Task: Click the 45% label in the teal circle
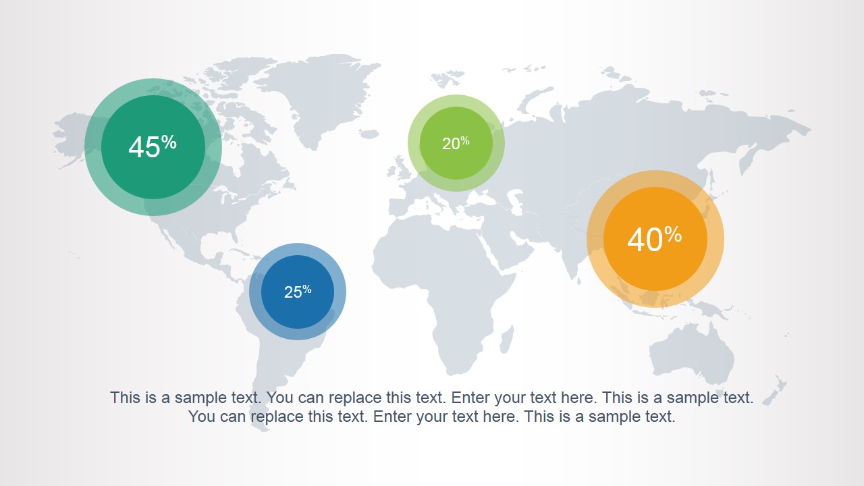(153, 146)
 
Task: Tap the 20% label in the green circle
(456, 143)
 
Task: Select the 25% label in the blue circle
(298, 292)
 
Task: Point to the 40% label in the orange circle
(654, 239)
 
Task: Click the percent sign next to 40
(673, 234)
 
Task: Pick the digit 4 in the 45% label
(136, 147)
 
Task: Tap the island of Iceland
(369, 134)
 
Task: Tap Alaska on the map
(74, 132)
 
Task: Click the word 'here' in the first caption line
(582, 398)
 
